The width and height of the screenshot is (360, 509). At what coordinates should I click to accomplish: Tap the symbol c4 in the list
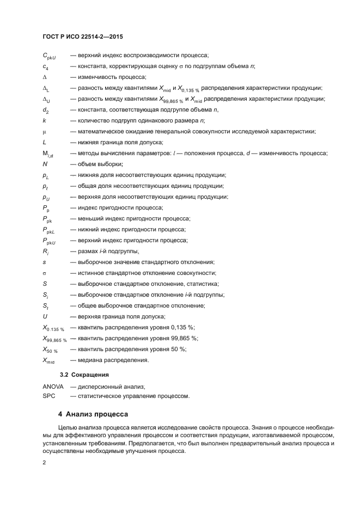point(46,66)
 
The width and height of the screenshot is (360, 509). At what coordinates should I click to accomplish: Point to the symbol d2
point(46,110)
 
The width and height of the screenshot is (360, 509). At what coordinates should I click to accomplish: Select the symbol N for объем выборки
point(45,164)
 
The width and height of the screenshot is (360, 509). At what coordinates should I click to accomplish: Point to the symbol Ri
point(46,252)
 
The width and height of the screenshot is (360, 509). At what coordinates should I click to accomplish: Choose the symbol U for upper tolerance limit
point(45,316)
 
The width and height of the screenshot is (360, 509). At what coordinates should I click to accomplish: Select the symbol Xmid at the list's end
point(50,360)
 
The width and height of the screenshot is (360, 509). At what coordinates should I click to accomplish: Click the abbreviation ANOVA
point(53,386)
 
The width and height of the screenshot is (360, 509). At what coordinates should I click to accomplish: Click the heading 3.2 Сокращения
point(84,375)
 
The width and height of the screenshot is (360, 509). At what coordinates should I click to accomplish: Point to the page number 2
point(44,462)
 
